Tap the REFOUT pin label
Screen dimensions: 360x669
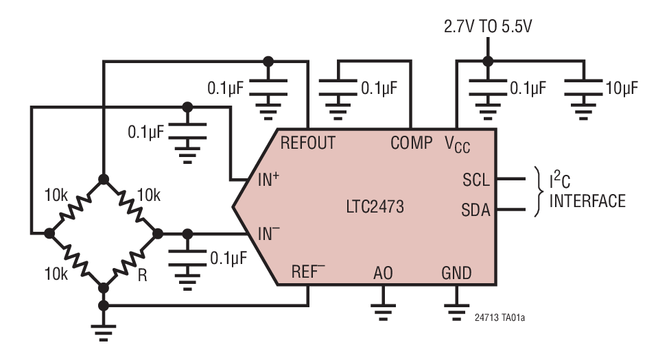pyautogui.click(x=307, y=143)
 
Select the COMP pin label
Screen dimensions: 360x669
pyautogui.click(x=412, y=143)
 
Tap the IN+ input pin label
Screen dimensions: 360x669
pyautogui.click(x=268, y=181)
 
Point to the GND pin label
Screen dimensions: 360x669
pyautogui.click(x=456, y=274)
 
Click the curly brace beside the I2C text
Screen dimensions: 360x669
pyautogui.click(x=537, y=191)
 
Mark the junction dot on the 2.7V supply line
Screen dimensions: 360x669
pyautogui.click(x=486, y=60)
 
